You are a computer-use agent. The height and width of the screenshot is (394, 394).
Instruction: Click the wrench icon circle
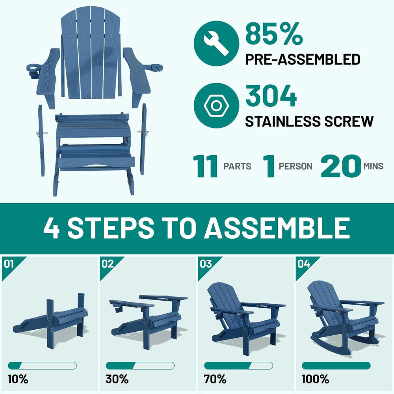216,43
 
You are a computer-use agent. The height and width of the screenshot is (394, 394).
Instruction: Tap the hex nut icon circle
216,106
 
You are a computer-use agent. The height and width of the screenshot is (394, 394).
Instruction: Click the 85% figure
274,33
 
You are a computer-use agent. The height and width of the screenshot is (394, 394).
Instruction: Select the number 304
271,95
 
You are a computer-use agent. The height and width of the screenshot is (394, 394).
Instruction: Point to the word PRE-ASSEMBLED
303,59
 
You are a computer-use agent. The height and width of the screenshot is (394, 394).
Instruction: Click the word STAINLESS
282,121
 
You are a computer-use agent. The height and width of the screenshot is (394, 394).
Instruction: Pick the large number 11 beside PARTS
205,166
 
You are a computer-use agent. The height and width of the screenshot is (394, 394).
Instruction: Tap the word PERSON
295,166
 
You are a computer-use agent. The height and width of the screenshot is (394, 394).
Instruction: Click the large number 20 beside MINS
341,166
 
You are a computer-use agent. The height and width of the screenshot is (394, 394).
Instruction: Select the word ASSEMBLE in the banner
277,228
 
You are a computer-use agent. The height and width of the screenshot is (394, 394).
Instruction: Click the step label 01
9,264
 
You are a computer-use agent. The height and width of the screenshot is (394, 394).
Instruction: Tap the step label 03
206,264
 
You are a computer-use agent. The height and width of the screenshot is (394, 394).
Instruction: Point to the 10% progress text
18,379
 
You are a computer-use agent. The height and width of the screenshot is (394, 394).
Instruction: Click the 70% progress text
215,379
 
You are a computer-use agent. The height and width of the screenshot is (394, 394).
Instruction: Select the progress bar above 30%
140,366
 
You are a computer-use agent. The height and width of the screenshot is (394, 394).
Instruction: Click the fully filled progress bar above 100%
336,366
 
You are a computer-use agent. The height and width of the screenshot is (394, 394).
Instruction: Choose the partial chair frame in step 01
50,320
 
